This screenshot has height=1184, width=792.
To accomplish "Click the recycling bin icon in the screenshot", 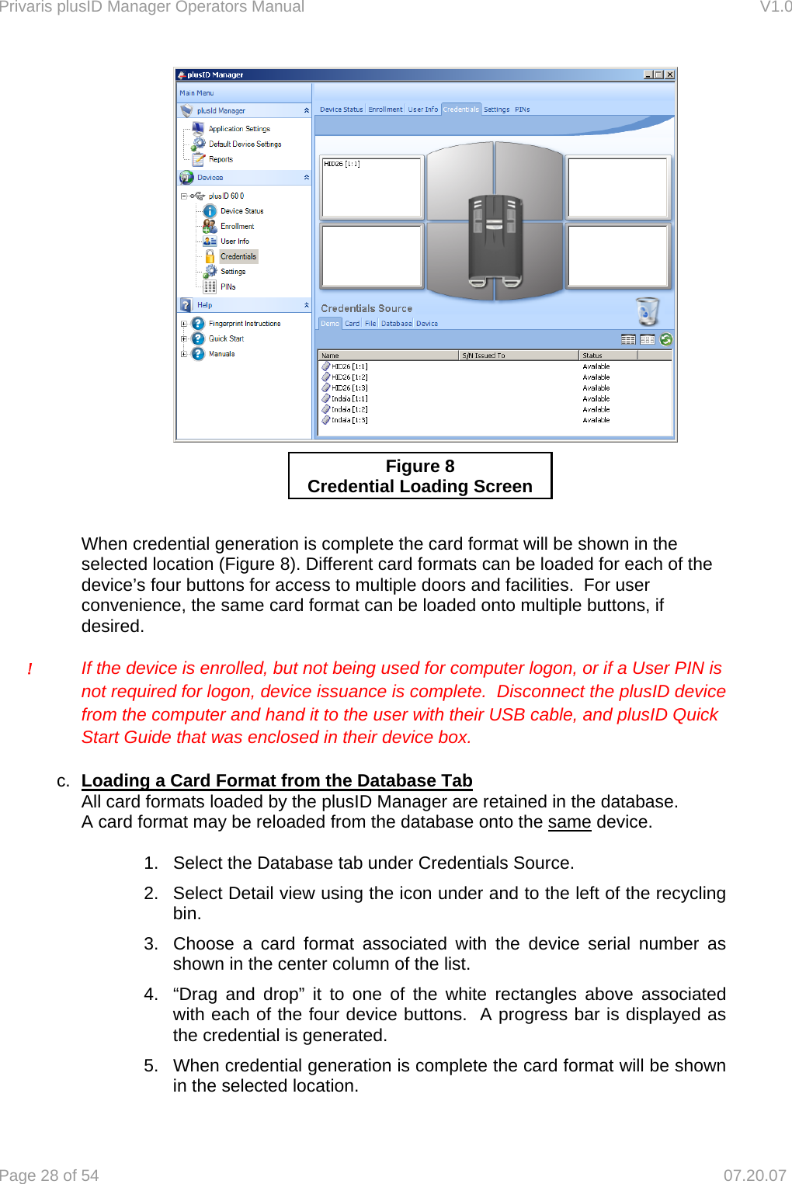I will tap(647, 311).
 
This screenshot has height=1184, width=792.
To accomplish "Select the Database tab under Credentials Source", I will tap(396, 324).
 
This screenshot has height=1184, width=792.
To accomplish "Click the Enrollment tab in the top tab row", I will tap(385, 109).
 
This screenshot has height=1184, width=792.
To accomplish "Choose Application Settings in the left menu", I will tap(239, 129).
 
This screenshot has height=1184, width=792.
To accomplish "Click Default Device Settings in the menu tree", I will tap(245, 144).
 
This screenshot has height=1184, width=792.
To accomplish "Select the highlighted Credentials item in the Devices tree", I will tap(238, 256).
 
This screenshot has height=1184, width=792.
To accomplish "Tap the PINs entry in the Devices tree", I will tap(228, 286).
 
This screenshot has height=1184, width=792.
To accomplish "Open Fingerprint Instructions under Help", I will tap(245, 324).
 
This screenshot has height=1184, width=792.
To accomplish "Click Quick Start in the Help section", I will tap(226, 339).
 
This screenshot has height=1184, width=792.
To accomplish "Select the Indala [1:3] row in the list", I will tap(349, 420).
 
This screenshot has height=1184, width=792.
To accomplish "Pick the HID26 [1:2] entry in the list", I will tap(349, 377).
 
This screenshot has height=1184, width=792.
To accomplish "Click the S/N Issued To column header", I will tap(483, 356).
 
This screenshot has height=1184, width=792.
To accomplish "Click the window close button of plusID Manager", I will tap(669, 75).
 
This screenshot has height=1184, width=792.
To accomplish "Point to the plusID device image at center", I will tap(495, 237).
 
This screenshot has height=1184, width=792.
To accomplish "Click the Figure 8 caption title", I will tap(420, 467).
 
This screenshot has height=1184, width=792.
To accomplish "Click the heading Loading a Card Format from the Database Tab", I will tap(276, 780).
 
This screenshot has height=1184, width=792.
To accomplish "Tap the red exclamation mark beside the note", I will tap(30, 669).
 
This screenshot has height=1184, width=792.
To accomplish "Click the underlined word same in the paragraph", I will tap(569, 821).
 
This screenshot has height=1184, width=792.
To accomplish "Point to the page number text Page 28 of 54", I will tap(50, 1175).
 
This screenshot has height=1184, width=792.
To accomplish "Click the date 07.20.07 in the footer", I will tap(755, 1175).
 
